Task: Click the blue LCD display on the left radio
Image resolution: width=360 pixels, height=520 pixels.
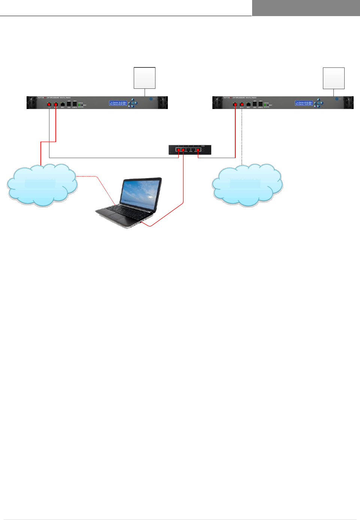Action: pyautogui.click(x=118, y=103)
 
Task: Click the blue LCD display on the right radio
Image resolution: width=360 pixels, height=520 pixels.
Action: pyautogui.click(x=304, y=103)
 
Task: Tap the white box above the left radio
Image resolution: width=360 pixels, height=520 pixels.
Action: pyautogui.click(x=145, y=78)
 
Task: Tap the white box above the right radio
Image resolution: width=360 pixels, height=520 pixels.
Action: pyautogui.click(x=334, y=78)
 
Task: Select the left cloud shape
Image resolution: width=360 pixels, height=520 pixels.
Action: pyautogui.click(x=41, y=184)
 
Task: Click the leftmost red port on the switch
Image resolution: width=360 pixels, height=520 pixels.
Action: pyautogui.click(x=179, y=150)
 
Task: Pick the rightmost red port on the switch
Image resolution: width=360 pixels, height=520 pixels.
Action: pyautogui.click(x=198, y=150)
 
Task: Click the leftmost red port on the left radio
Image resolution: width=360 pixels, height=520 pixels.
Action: pyautogui.click(x=49, y=105)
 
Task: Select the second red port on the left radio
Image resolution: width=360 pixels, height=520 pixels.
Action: pyautogui.click(x=56, y=105)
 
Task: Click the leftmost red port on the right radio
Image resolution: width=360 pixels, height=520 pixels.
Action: pyautogui.click(x=235, y=105)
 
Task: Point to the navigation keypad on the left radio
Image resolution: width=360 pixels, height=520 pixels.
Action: pyautogui.click(x=133, y=103)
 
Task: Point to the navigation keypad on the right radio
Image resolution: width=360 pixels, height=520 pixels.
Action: pyautogui.click(x=318, y=103)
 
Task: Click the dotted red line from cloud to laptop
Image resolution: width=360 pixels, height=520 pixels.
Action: pyautogui.click(x=98, y=180)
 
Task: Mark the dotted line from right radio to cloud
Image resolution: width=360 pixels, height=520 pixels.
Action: pyautogui.click(x=242, y=139)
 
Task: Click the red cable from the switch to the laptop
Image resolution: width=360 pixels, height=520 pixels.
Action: pyautogui.click(x=183, y=184)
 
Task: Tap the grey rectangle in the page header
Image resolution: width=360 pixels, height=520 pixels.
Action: pyautogui.click(x=306, y=8)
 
